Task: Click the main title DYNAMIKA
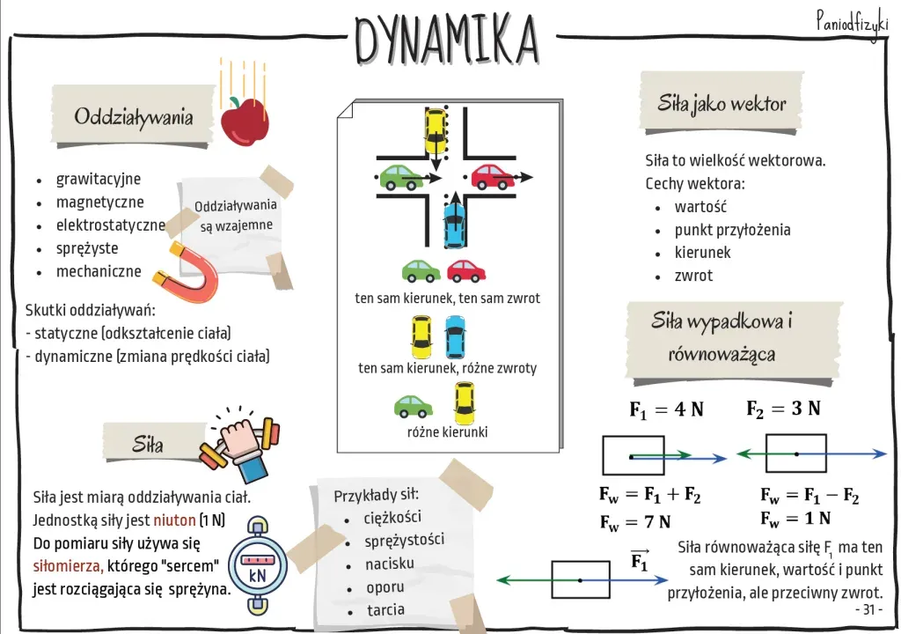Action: pyautogui.click(x=446, y=40)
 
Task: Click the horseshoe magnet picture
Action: pyautogui.click(x=188, y=274)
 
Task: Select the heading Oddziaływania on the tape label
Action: pyautogui.click(x=133, y=117)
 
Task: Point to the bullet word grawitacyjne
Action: pyautogui.click(x=98, y=179)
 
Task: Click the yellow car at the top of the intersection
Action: pyautogui.click(x=435, y=130)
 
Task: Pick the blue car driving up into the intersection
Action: pyautogui.click(x=452, y=223)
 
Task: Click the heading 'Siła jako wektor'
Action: pyautogui.click(x=722, y=104)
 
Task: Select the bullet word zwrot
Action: pyautogui.click(x=693, y=276)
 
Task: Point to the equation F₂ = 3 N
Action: pyautogui.click(x=783, y=409)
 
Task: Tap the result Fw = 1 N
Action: pyautogui.click(x=795, y=518)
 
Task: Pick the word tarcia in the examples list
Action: pyautogui.click(x=385, y=609)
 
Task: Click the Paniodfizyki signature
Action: pyautogui.click(x=851, y=20)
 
